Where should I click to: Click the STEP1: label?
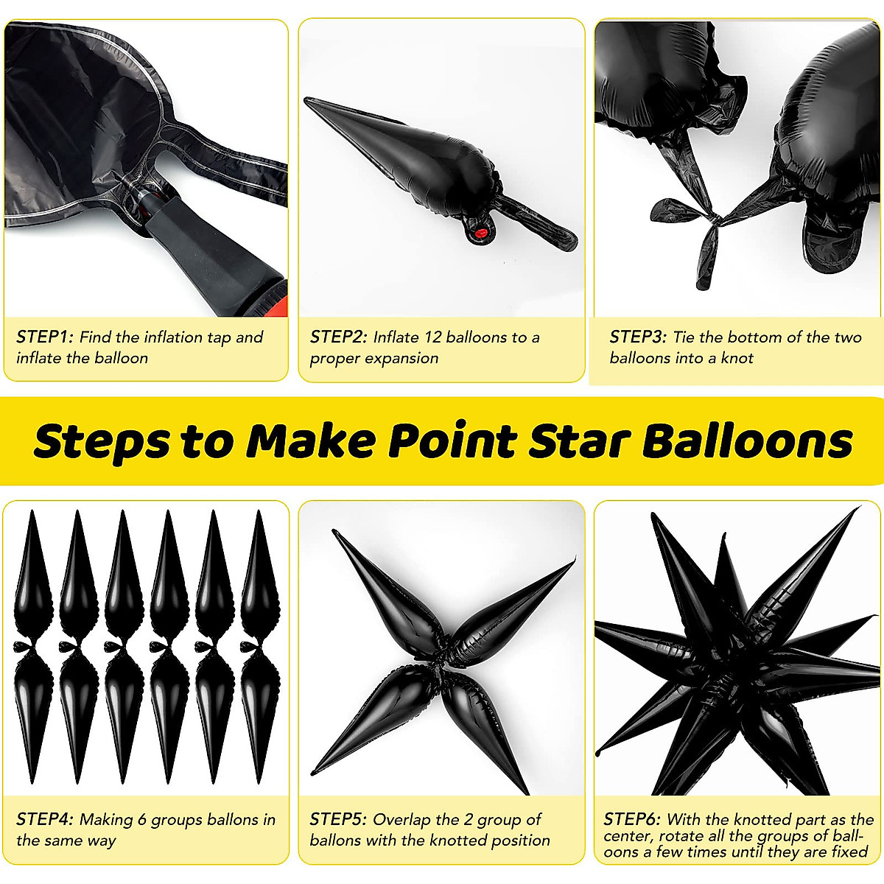click(x=45, y=337)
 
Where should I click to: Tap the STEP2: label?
click(x=338, y=337)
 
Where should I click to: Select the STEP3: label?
click(x=638, y=337)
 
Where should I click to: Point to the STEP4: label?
click(x=45, y=819)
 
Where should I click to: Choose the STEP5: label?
click(x=338, y=819)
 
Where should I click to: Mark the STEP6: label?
click(x=632, y=819)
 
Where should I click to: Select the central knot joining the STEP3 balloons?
click(x=712, y=218)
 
